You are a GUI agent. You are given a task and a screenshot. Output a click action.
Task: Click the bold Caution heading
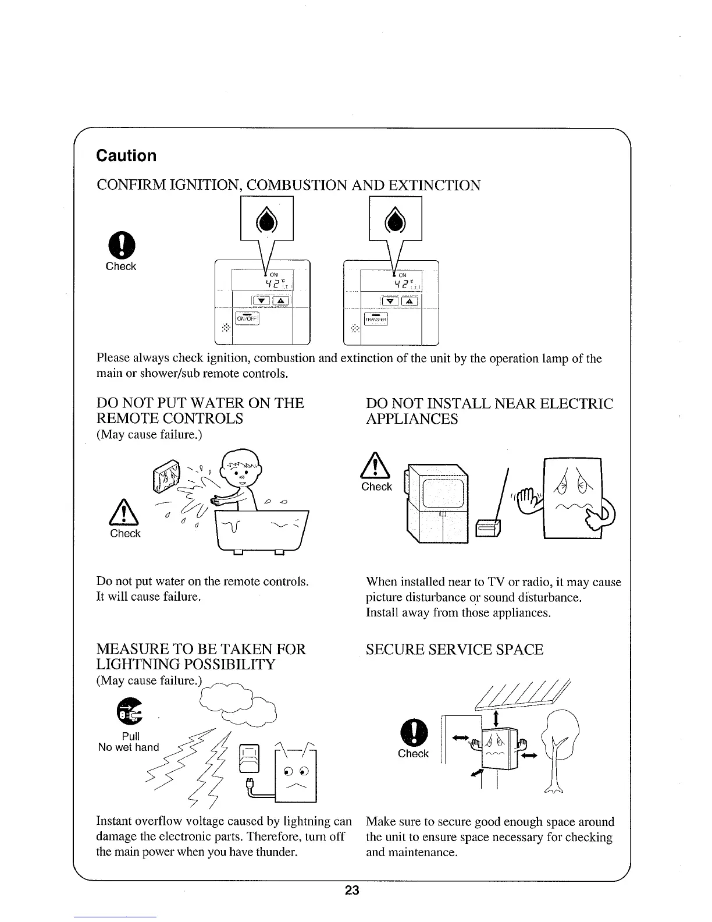126,156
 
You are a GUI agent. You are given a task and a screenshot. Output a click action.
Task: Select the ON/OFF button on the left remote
247,318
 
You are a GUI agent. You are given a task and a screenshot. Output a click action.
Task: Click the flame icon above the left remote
266,219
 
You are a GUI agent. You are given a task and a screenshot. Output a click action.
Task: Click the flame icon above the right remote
395,219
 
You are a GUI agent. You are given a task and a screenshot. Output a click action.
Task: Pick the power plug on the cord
252,784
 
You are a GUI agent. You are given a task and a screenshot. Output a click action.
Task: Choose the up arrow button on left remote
280,302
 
